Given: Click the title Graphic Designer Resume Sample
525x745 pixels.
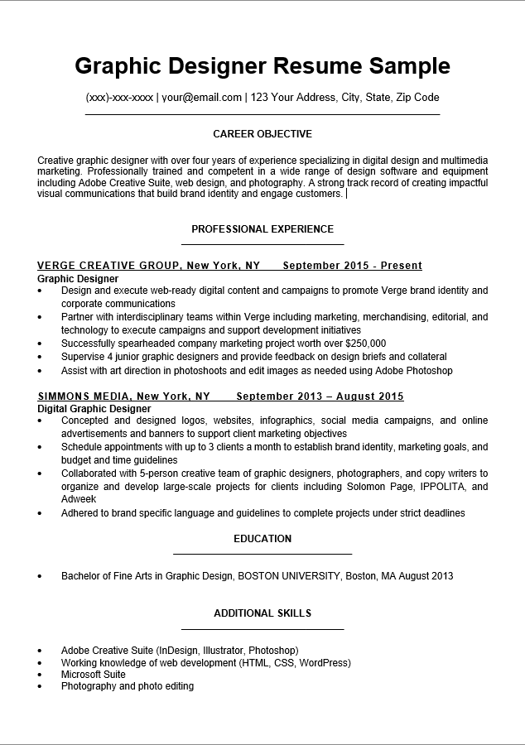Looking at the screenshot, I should tap(262, 66).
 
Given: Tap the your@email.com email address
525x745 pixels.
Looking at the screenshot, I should tap(201, 98).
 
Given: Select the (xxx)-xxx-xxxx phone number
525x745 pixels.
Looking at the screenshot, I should tap(119, 98).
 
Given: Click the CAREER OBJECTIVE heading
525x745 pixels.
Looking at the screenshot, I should tap(262, 134).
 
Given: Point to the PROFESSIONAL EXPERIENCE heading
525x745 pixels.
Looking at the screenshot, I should tap(262, 229).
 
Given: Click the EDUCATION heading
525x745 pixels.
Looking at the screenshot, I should tap(262, 539).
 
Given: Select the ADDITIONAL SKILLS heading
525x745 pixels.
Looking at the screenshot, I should tap(262, 613).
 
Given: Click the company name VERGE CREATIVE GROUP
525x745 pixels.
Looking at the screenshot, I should tap(109, 266).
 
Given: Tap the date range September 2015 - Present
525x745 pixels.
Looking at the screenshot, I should tap(353, 266).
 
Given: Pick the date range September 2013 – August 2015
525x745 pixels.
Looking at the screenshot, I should tap(325, 397).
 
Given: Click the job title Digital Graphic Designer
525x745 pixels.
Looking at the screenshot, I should tap(94, 409).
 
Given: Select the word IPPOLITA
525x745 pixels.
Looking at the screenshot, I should tap(448, 487).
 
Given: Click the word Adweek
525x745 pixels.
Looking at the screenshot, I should tap(79, 500).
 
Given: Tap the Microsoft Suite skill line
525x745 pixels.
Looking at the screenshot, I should tap(94, 675).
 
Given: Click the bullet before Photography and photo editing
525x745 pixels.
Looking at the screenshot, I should tap(40, 686).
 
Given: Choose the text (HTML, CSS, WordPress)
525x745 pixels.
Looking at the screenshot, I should tap(295, 663).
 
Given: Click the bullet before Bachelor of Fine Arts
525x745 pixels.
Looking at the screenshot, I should tap(40, 576).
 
